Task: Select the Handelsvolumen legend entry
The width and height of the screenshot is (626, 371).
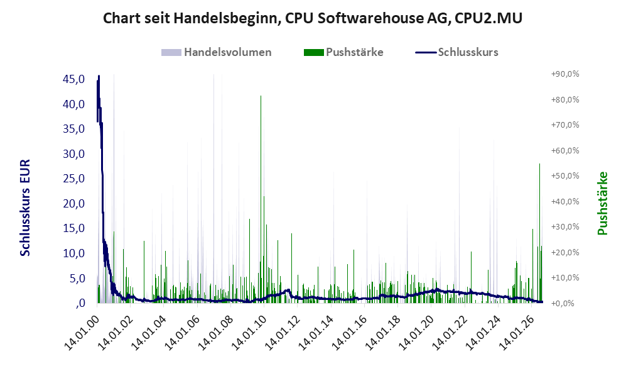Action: click(x=217, y=52)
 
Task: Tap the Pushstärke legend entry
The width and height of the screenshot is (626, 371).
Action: click(x=343, y=52)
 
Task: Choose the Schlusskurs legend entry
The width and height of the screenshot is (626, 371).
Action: click(x=456, y=52)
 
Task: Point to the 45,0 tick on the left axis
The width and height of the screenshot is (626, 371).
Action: click(x=74, y=79)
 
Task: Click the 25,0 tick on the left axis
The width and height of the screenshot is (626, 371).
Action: click(x=74, y=179)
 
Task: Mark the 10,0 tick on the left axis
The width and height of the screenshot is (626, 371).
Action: click(x=74, y=253)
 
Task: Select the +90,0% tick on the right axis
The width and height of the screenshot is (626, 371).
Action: click(x=565, y=74)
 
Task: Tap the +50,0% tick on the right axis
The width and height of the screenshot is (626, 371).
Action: click(x=565, y=176)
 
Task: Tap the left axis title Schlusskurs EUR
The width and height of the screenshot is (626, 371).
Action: click(x=25, y=208)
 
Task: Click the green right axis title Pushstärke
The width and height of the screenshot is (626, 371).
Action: click(x=603, y=204)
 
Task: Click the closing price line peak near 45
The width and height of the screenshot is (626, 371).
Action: click(x=99, y=76)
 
